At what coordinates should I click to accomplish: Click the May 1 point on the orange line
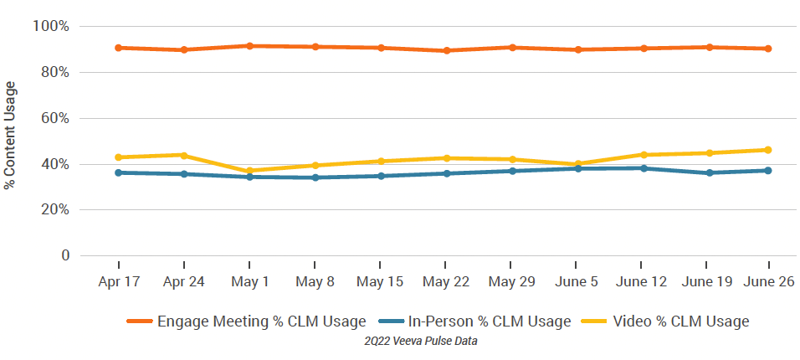point(249,45)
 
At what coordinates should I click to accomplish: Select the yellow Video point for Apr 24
point(184,155)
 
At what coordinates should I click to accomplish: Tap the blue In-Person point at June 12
point(643,168)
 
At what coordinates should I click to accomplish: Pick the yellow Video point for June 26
point(768,150)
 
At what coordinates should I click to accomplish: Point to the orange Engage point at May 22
point(447,50)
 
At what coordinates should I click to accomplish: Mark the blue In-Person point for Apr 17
point(119,172)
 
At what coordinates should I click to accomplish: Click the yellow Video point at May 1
point(249,171)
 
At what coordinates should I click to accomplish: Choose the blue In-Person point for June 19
point(709,172)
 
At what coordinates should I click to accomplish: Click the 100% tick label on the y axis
point(51,27)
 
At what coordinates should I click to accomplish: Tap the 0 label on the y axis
point(63,255)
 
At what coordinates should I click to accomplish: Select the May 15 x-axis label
point(381,282)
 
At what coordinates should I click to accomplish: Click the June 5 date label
point(577,282)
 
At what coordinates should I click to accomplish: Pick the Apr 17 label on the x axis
point(119,282)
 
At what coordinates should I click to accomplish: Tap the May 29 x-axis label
point(511,282)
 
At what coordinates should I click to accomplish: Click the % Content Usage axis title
point(11,135)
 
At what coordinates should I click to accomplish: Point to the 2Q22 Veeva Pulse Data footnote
point(420,341)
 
